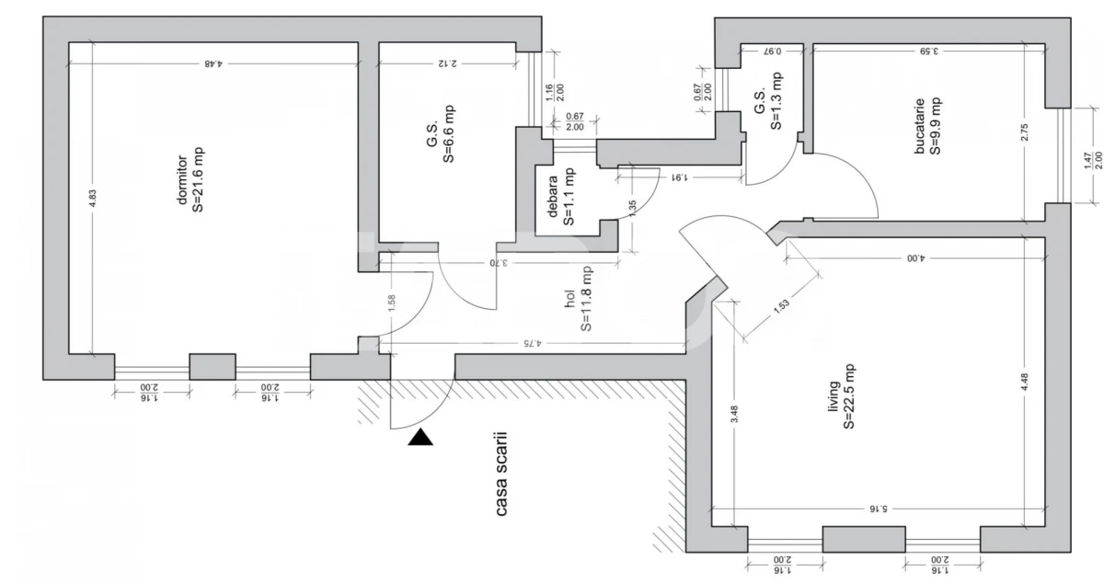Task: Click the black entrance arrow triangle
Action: (x=420, y=438)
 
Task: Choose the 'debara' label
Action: (x=553, y=196)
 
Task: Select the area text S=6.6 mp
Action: (x=450, y=133)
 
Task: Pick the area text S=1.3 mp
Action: (x=776, y=100)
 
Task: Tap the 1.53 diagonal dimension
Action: (x=782, y=310)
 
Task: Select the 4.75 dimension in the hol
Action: (x=530, y=343)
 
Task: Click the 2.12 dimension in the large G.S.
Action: (x=448, y=63)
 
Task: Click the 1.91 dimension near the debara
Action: (x=678, y=175)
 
